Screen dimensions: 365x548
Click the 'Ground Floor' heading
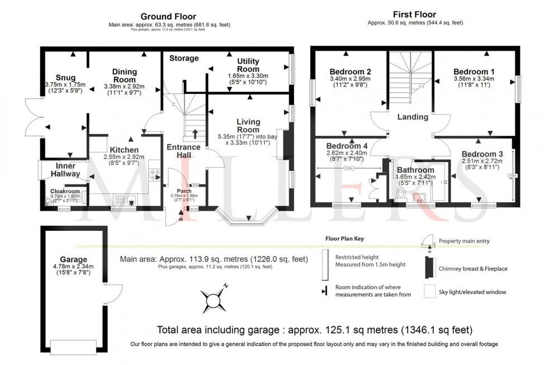pyautogui.click(x=168, y=17)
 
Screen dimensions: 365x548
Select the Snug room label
pyautogui.click(x=65, y=77)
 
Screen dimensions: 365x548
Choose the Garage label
pyautogui.click(x=74, y=259)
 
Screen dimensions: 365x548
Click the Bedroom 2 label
pyautogui.click(x=351, y=72)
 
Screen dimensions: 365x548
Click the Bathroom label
pyautogui.click(x=415, y=170)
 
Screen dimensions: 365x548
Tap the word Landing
pyautogui.click(x=413, y=117)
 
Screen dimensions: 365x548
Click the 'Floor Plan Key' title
pyautogui.click(x=345, y=238)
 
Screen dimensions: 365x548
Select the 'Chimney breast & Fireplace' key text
pyautogui.click(x=473, y=269)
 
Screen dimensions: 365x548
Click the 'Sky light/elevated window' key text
pyautogui.click(x=472, y=292)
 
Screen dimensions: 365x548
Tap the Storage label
pyautogui.click(x=184, y=58)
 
